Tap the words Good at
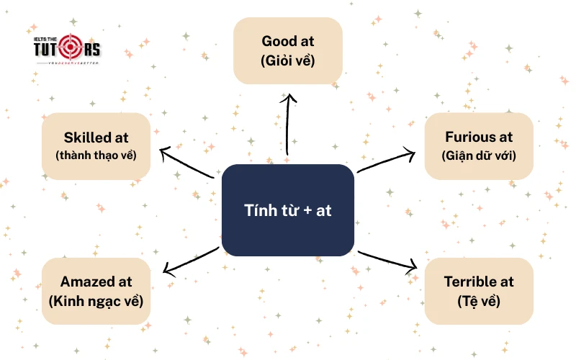point(288,41)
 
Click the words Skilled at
point(96,137)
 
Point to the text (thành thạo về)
point(96,155)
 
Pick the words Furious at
point(479,137)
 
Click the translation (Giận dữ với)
point(479,155)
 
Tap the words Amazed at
point(96,282)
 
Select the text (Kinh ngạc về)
point(96,300)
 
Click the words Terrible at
point(479,282)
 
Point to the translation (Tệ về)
point(479,300)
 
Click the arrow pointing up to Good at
point(288,122)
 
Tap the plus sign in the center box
point(306,211)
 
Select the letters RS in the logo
point(91,50)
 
